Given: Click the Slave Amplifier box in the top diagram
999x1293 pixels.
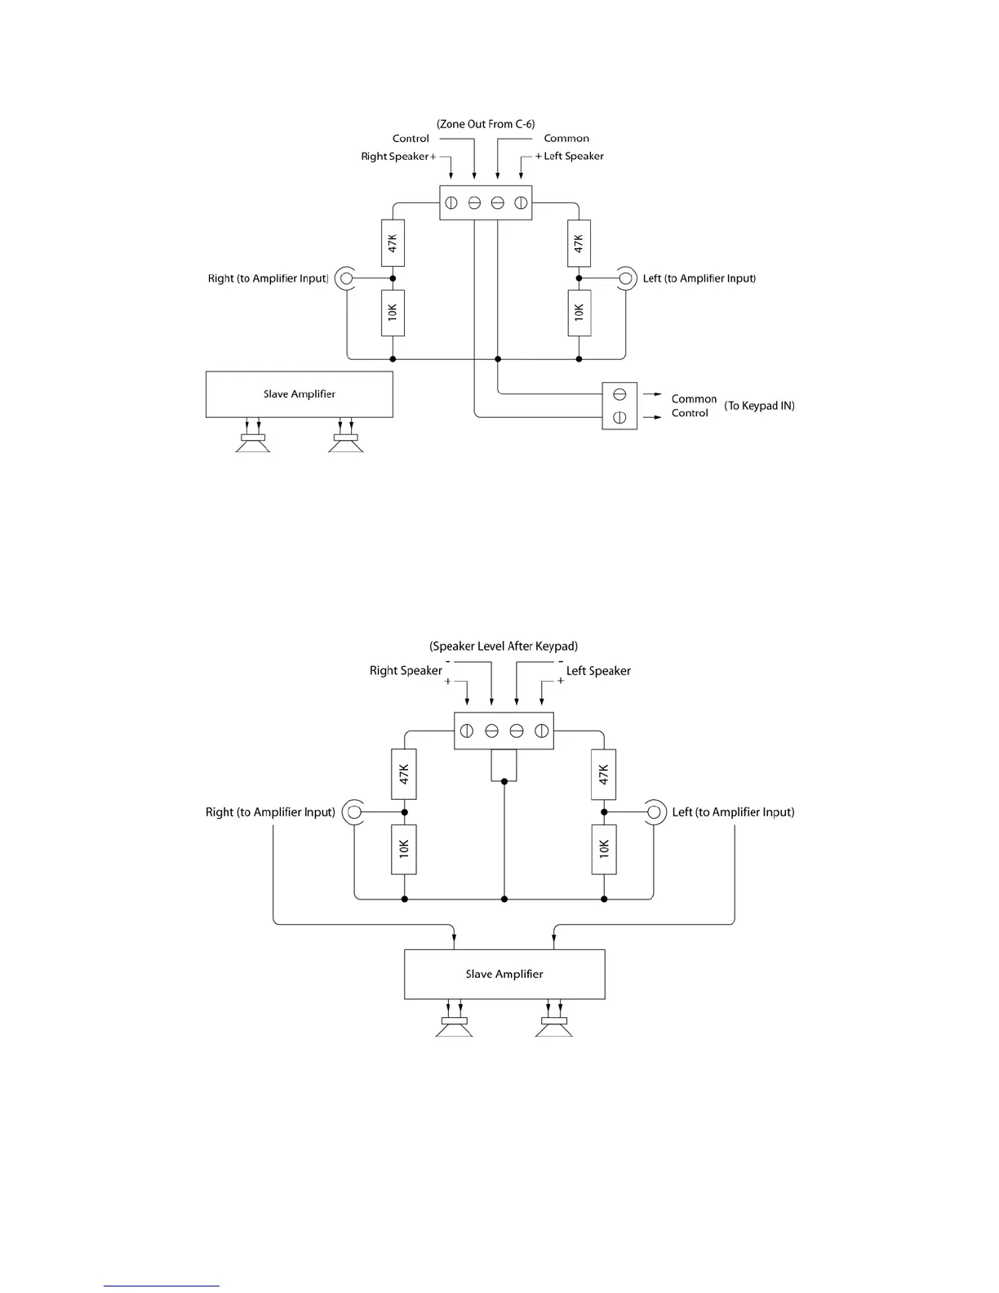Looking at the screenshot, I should click(299, 394).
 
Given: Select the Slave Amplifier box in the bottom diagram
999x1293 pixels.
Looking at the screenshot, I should click(504, 974).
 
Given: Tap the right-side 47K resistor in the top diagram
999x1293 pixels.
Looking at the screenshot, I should click(579, 243).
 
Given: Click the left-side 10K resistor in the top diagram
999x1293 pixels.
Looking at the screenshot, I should click(393, 313).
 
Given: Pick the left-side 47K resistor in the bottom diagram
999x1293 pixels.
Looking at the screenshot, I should click(404, 774).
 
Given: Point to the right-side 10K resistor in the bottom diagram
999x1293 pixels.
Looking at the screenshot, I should click(604, 850).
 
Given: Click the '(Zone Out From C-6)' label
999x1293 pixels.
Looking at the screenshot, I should click(486, 124).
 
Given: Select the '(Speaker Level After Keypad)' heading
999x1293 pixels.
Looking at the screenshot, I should click(504, 646).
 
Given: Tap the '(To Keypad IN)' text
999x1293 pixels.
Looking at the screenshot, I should click(759, 406).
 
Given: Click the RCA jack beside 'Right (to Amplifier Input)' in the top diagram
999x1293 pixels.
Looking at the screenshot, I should click(346, 278).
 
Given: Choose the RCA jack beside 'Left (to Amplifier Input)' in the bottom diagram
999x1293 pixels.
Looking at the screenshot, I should click(653, 812).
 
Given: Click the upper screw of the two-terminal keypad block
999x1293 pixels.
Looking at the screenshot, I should click(619, 394).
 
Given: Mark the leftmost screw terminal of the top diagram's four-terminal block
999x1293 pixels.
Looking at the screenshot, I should click(451, 202).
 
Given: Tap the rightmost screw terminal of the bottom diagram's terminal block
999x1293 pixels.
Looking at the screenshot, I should click(541, 731).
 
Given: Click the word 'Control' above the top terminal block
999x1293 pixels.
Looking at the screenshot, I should click(411, 139).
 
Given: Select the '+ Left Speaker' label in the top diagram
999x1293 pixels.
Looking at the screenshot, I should click(570, 156).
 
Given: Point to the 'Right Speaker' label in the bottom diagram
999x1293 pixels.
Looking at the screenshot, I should click(406, 671).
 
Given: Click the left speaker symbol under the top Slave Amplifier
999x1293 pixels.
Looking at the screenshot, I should click(253, 443).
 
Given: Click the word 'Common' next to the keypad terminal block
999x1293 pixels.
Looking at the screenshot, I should click(694, 399).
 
